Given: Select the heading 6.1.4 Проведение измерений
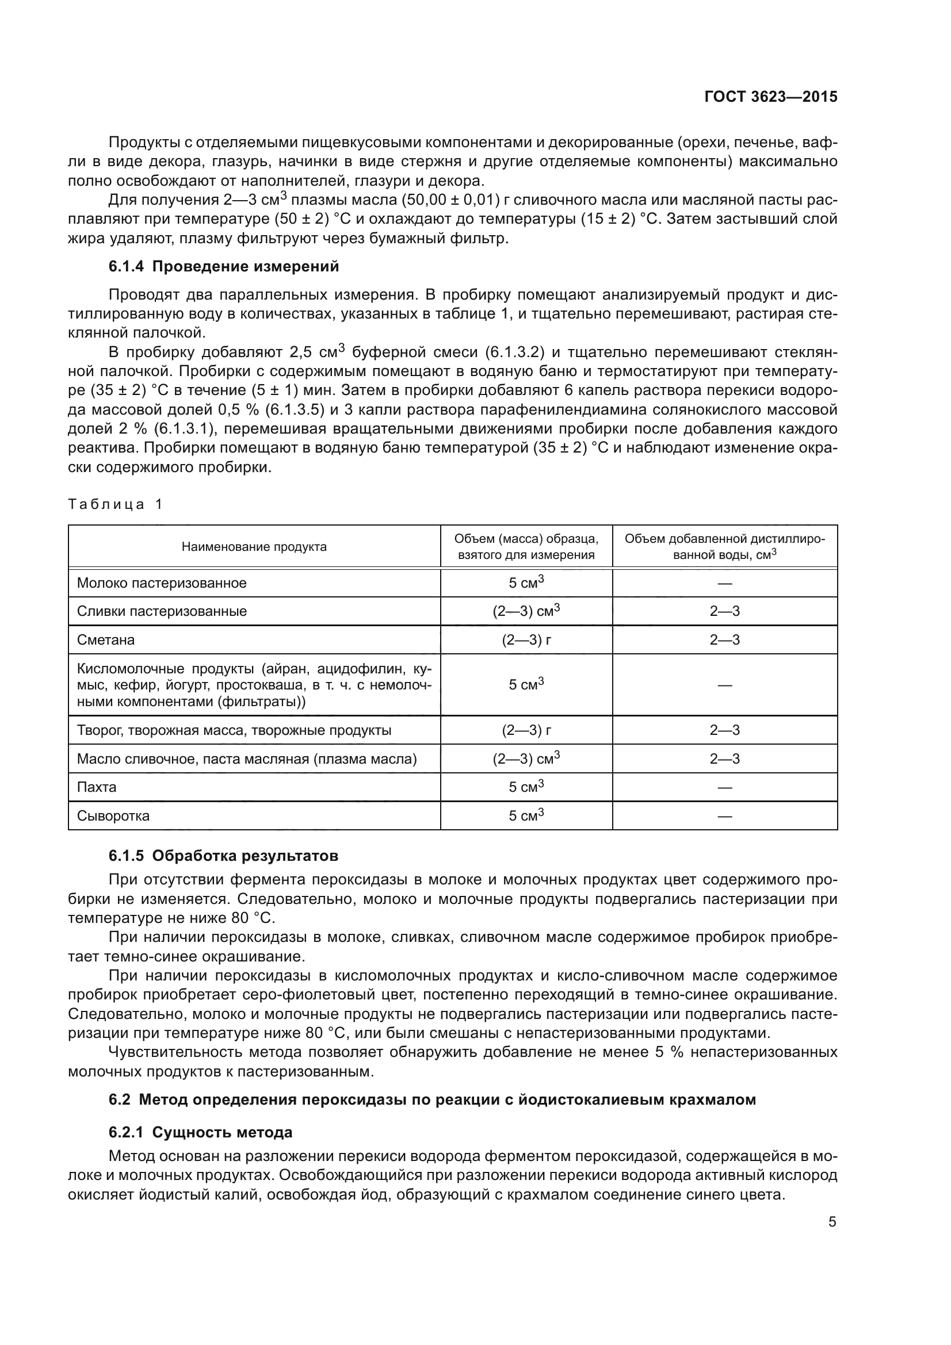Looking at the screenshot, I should coord(224,267).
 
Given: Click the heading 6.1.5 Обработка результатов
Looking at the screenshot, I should coord(223,856).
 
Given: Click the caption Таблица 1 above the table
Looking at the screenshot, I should coord(115,504).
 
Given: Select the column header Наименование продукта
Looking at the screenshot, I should coord(254,546).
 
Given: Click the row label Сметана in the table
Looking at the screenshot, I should coord(106,639).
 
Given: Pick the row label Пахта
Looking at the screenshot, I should coord(97,787).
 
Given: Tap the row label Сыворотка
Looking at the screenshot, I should coord(113,815).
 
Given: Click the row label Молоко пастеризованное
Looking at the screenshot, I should coord(162,583).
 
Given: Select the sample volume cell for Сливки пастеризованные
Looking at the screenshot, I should coord(526,611).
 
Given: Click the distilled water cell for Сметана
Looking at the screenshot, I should coord(724,639).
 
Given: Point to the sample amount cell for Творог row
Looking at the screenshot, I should coord(526,730).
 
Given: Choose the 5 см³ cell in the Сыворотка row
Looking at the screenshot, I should coord(526,815).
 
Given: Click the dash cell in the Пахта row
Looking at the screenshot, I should coord(724,787).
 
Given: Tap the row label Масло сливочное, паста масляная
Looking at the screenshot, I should coord(247,758).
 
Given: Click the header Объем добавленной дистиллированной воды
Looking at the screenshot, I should coord(724,546).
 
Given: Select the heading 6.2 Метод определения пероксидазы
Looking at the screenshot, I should coord(432,1099).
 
